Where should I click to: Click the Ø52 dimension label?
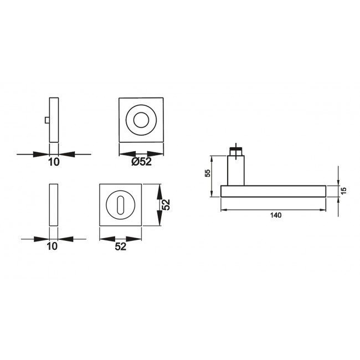click(141, 162)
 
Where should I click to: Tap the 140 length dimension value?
click(275, 215)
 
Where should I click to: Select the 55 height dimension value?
click(207, 173)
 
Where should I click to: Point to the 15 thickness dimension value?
click(343, 191)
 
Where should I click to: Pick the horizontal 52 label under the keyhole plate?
click(121, 246)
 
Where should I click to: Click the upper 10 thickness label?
click(54, 162)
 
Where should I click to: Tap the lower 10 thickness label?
click(52, 246)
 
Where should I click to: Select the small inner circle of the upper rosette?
click(141, 120)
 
